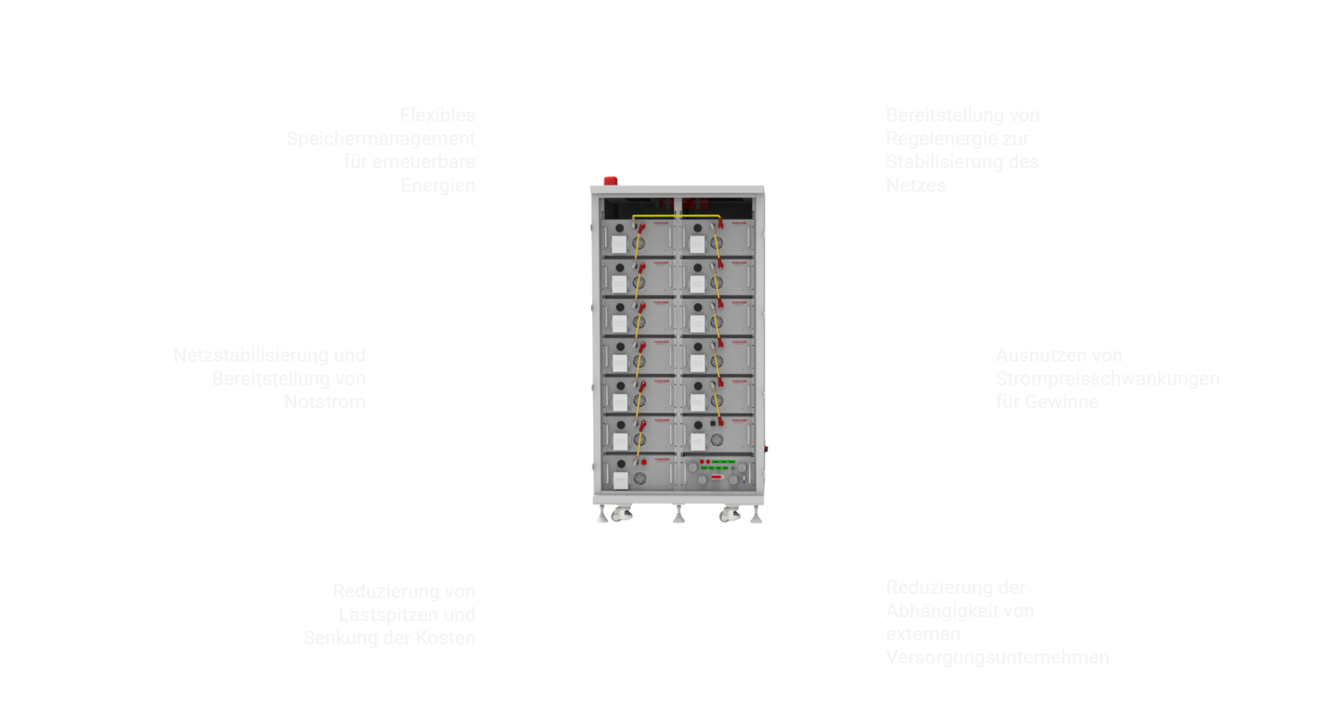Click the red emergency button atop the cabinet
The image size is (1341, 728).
pyautogui.click(x=610, y=180)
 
